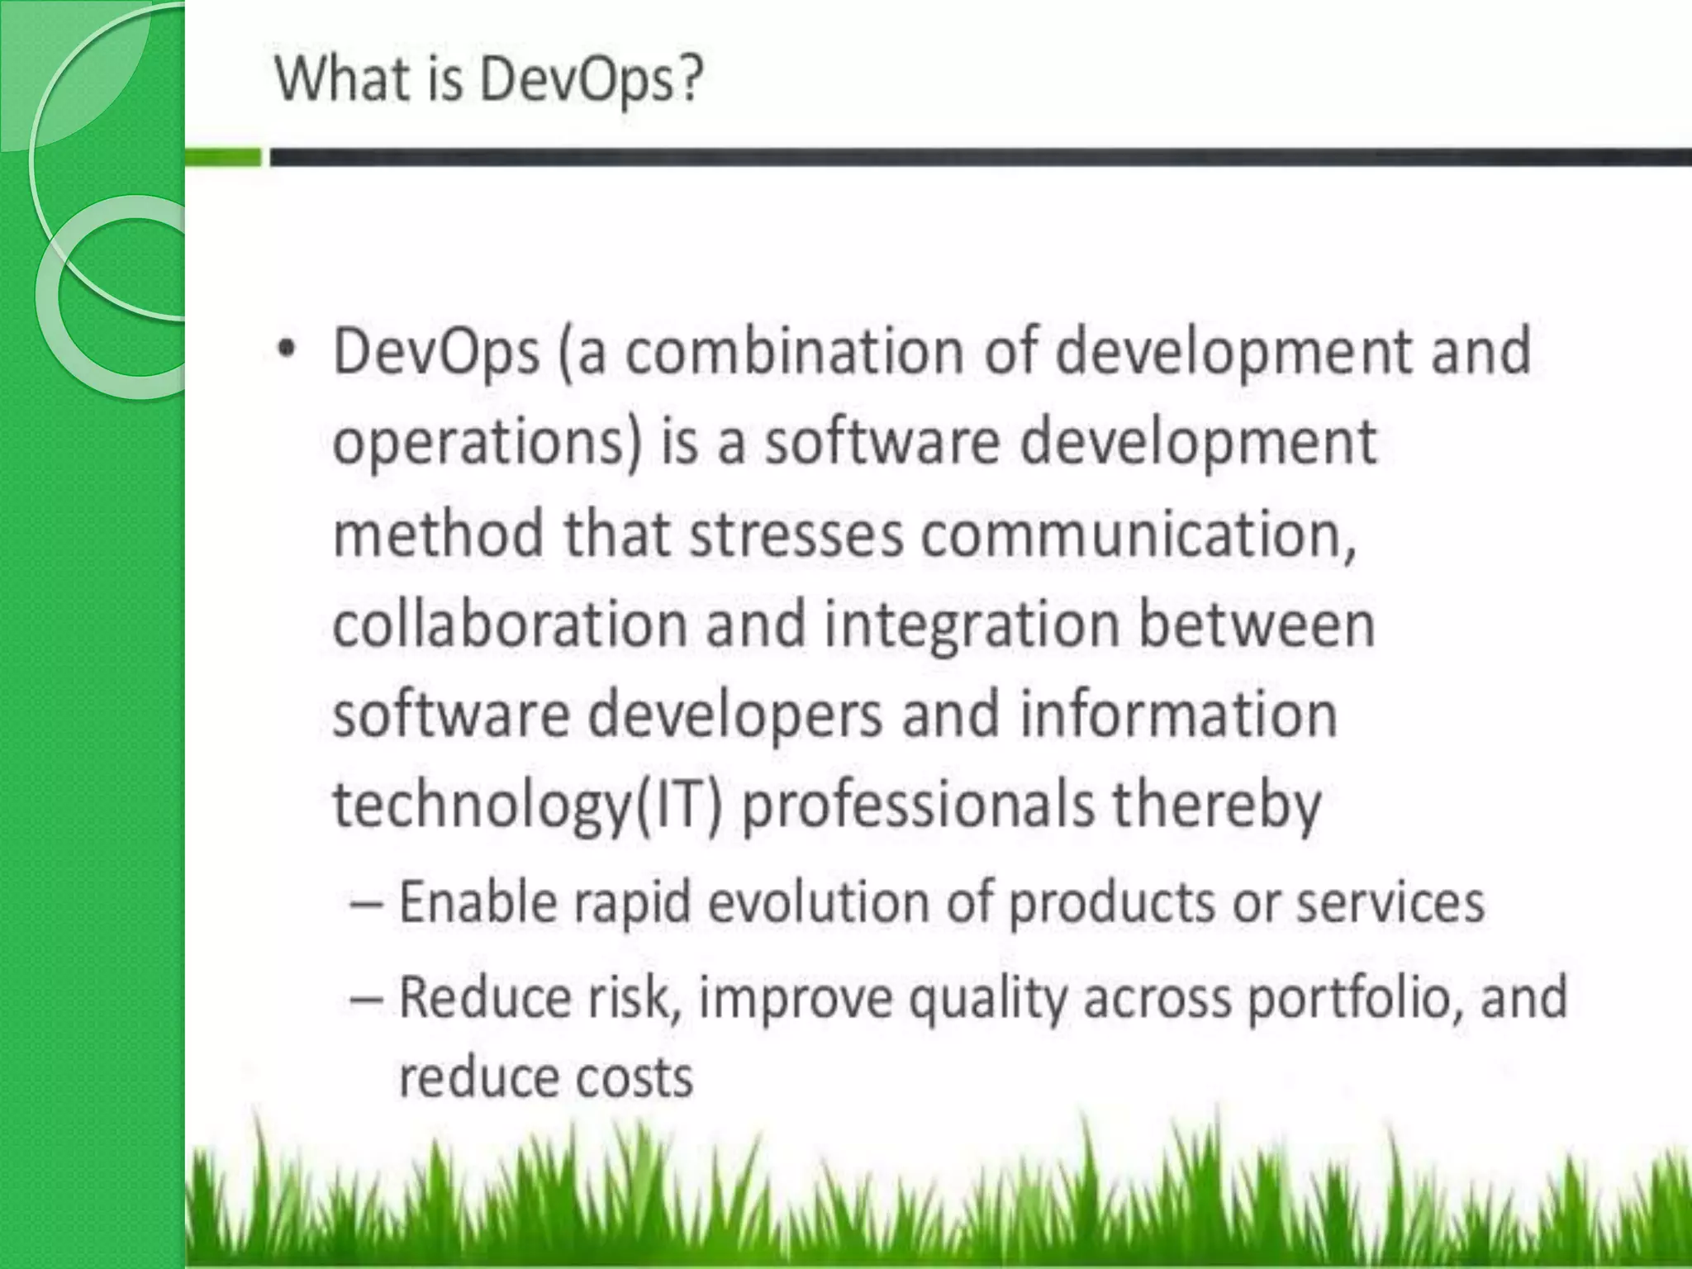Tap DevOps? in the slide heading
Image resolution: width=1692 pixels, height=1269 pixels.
pyautogui.click(x=591, y=81)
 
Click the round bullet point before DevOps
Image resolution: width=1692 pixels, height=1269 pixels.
pyautogui.click(x=286, y=351)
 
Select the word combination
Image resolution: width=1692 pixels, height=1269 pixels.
pyautogui.click(x=794, y=351)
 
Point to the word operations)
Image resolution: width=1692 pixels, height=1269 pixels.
pyautogui.click(x=487, y=443)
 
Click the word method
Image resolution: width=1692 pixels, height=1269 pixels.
pyautogui.click(x=438, y=534)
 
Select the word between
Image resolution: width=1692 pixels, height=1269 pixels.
pyautogui.click(x=1257, y=624)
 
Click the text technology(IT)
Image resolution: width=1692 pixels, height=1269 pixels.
pyautogui.click(x=527, y=806)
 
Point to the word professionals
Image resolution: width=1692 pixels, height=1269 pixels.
pyautogui.click(x=917, y=806)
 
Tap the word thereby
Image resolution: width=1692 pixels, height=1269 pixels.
pyautogui.click(x=1216, y=806)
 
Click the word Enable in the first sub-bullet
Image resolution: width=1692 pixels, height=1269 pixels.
pyautogui.click(x=478, y=901)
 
